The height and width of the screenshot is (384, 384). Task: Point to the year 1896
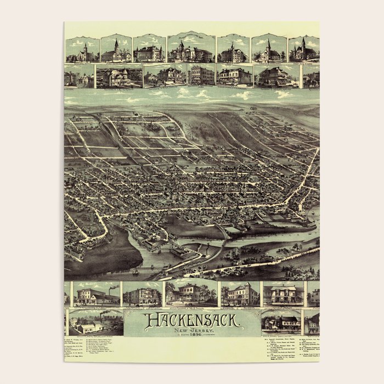(x=191, y=336)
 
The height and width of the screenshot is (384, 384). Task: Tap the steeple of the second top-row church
(x=116, y=43)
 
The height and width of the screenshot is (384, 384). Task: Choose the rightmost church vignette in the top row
(x=304, y=49)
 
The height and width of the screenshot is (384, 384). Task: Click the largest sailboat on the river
(x=135, y=270)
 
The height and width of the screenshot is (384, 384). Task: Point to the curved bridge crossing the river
(x=222, y=233)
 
